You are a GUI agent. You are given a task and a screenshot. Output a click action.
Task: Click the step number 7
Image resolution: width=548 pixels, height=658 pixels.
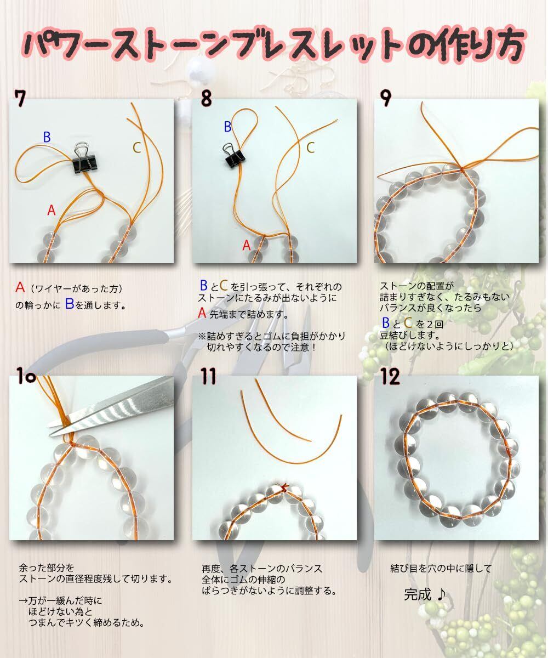click(x=20, y=98)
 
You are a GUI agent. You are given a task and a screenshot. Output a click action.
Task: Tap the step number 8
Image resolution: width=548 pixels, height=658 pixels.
click(x=206, y=98)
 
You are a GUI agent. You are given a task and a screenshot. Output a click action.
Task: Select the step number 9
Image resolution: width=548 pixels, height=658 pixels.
click(x=386, y=98)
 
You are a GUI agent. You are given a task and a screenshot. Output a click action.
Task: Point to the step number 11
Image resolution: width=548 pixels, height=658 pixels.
click(x=208, y=376)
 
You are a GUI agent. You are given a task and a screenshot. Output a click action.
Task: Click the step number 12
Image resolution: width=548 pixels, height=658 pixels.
click(x=390, y=376)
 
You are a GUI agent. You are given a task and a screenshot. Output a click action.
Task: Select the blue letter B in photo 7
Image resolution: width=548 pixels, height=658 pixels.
click(x=47, y=137)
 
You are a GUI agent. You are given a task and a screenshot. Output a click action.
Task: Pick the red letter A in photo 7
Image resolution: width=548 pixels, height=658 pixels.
click(x=52, y=210)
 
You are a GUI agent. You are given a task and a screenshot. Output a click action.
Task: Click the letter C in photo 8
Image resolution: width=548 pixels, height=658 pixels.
click(x=311, y=148)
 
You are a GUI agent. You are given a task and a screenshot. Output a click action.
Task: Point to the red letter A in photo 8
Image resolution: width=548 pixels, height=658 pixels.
click(x=246, y=245)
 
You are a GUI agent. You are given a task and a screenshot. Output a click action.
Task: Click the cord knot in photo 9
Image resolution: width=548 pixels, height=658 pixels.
click(x=461, y=169)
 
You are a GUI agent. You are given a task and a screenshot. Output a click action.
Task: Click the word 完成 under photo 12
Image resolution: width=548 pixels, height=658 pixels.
click(x=417, y=594)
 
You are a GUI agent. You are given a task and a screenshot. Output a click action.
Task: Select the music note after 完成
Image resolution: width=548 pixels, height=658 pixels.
click(x=441, y=594)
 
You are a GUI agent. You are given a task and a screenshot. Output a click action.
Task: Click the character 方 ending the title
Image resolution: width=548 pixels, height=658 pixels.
click(x=506, y=46)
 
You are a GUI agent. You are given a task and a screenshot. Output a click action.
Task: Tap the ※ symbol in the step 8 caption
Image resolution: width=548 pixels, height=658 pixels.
click(x=202, y=336)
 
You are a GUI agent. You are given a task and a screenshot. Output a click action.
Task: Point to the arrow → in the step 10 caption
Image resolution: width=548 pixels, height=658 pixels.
click(x=24, y=600)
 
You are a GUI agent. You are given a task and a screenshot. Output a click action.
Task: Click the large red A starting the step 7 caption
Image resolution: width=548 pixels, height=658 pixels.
click(x=20, y=287)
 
